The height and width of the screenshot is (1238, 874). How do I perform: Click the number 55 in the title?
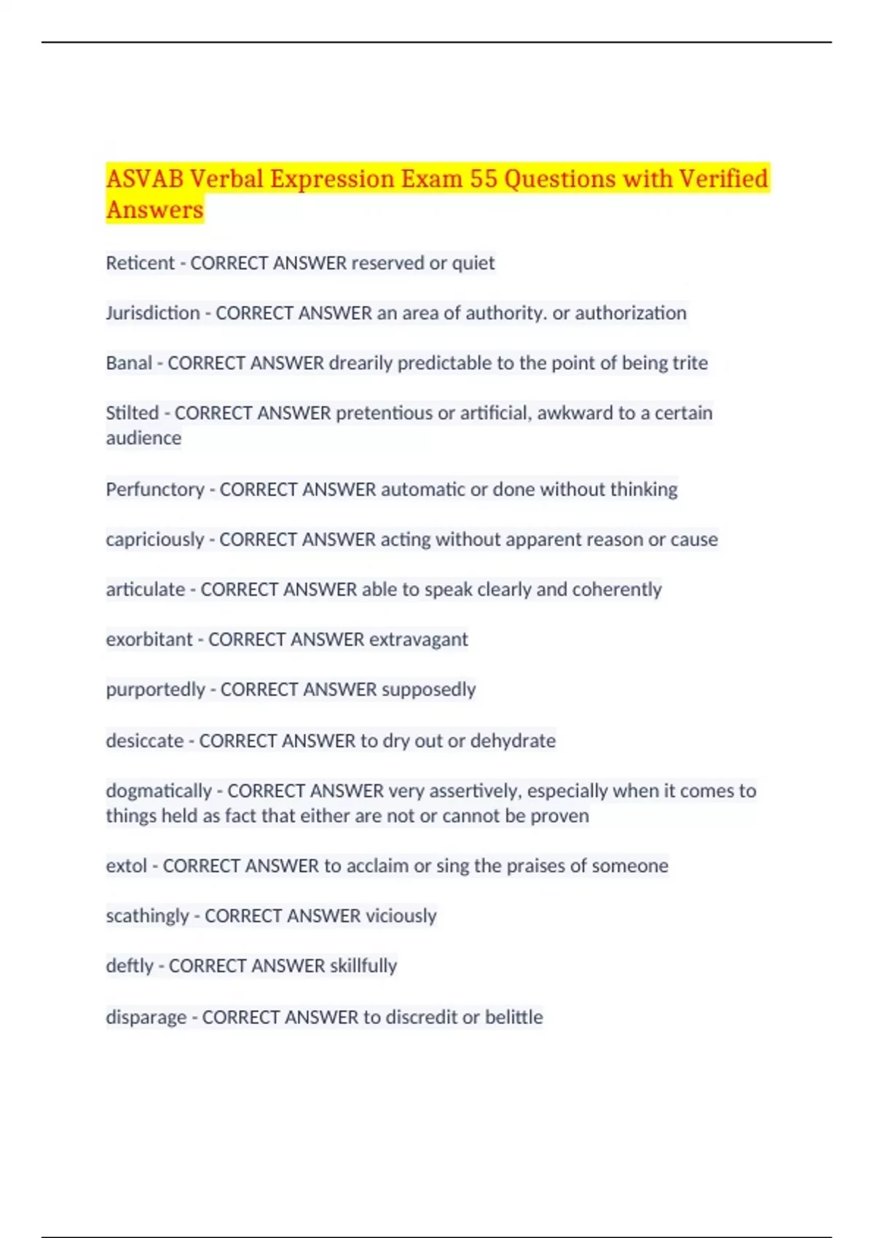[483, 179]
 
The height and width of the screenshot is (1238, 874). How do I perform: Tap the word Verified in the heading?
[723, 179]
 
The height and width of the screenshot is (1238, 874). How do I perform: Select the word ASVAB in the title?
[144, 179]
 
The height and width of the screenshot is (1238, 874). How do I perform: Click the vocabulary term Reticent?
[140, 263]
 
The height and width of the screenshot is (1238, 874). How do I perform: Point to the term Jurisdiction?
[152, 313]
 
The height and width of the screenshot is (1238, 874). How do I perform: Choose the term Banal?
[129, 363]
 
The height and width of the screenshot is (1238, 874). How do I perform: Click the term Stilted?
[132, 413]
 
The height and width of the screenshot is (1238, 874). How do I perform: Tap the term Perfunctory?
[154, 489]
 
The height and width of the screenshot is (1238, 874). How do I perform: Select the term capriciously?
[154, 540]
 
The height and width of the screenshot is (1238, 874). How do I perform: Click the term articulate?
[145, 589]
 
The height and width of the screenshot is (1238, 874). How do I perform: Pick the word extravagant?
[418, 639]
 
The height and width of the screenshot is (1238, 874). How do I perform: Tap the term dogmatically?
[158, 791]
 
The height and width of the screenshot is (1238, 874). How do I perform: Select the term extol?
[126, 866]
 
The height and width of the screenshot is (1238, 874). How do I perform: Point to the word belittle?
[513, 1017]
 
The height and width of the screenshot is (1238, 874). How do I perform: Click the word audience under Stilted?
[143, 438]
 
